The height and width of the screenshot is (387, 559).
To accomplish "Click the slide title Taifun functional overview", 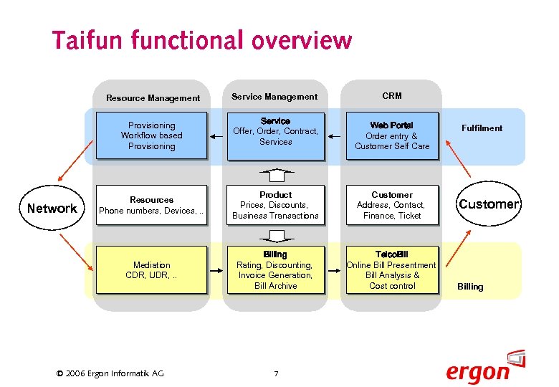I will pos(201,40).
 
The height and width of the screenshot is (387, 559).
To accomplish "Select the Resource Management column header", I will pos(153,98).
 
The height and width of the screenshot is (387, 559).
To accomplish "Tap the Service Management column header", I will pos(274,97).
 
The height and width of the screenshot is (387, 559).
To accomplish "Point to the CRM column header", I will pos(392,96).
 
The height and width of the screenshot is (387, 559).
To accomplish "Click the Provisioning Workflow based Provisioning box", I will pos(151,135).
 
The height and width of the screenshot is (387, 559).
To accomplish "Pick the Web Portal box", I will pos(392,135).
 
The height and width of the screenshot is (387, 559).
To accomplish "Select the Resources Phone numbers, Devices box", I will pos(151,206).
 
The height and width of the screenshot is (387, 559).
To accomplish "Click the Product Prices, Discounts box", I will pos(276,206).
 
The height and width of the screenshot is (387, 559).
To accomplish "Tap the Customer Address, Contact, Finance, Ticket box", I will pos(392,206).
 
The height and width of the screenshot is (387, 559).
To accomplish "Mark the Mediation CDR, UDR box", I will pos(151,270).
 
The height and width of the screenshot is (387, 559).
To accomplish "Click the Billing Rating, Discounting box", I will pos(276,270).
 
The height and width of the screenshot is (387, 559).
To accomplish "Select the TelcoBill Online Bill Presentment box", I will pos(392,270).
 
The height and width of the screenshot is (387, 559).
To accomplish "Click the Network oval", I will pos(52,209).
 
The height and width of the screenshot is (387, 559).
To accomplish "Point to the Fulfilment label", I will pos(482,128).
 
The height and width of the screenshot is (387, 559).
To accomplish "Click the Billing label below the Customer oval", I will pos(470,287).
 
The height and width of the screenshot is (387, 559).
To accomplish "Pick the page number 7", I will pos(276,373).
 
